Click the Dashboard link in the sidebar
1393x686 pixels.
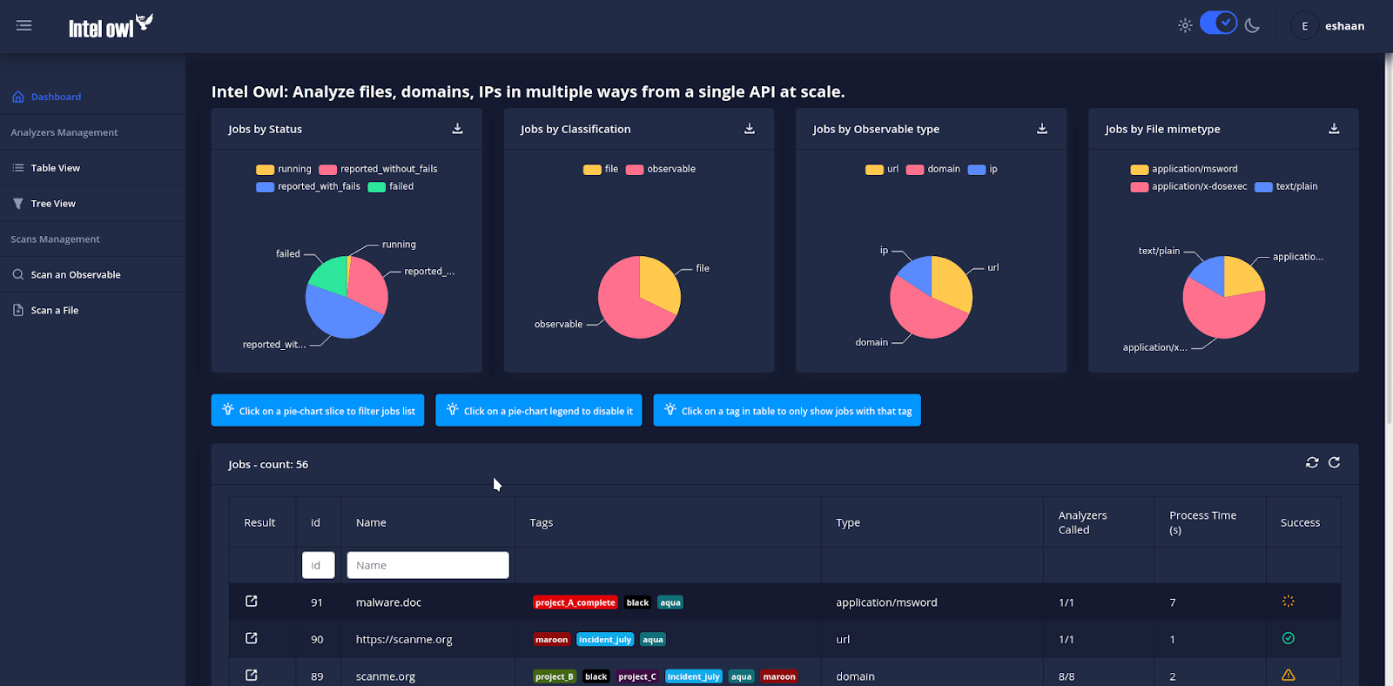(56, 97)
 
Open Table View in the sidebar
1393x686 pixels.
(55, 168)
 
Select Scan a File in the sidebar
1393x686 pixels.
(54, 310)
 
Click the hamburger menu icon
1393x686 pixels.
(24, 26)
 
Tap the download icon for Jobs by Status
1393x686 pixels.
(457, 129)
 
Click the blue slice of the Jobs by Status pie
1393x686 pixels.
(340, 315)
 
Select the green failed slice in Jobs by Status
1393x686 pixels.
(330, 276)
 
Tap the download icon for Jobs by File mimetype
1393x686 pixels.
(1334, 129)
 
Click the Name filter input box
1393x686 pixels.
(427, 565)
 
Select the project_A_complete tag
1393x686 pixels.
(575, 602)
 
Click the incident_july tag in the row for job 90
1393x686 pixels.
(605, 640)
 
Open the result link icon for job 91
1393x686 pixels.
(252, 602)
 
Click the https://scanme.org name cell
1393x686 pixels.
(404, 640)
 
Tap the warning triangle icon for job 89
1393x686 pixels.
(1289, 676)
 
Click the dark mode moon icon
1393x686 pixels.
(1252, 26)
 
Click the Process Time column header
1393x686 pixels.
(1202, 522)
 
